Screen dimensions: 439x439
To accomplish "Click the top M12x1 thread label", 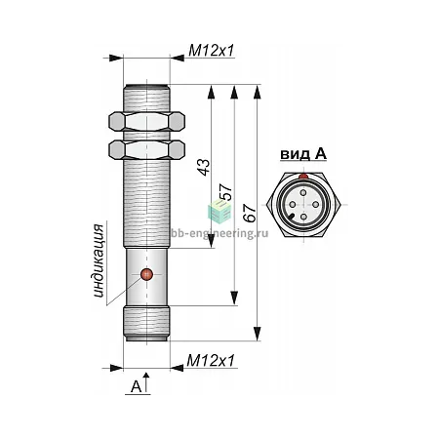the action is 212,51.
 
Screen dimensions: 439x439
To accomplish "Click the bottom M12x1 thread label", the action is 211,361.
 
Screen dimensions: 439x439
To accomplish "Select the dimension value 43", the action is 204,167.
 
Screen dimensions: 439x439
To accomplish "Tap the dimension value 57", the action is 226,192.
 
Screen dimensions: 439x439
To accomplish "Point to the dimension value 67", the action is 250,214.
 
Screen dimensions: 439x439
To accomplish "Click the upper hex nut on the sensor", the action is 146,122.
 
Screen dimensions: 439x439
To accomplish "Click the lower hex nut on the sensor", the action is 146,149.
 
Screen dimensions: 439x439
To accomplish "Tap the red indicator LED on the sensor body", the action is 146,275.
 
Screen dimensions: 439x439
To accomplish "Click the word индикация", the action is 99,260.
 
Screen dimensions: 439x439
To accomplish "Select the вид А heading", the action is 303,154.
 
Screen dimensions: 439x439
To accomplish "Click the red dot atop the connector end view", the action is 303,177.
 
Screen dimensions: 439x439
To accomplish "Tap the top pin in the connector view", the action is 303,192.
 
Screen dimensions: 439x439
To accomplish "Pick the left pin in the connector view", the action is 293,205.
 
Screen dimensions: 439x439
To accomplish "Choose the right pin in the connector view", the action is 315,204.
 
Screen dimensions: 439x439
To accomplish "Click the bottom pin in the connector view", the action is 303,217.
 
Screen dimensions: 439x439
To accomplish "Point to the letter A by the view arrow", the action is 137,386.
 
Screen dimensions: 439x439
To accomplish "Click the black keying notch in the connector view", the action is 292,217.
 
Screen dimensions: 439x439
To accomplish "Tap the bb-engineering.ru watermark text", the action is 219,233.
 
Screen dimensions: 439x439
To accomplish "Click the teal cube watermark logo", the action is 219,212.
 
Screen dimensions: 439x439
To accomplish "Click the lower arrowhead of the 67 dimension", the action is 258,334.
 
